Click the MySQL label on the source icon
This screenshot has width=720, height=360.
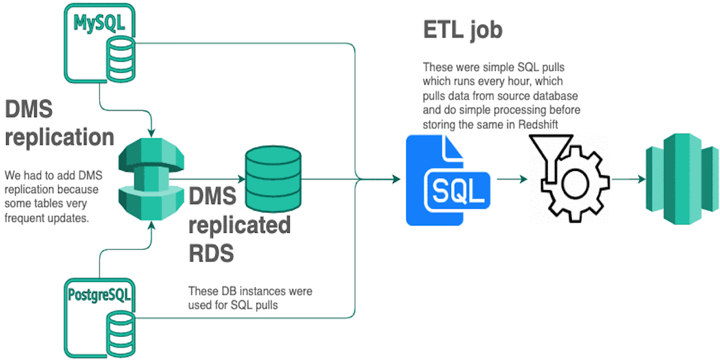(x=100, y=23)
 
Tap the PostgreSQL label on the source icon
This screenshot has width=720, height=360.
(x=100, y=295)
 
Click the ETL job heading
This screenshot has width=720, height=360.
(x=462, y=30)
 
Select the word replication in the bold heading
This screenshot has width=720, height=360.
(x=60, y=137)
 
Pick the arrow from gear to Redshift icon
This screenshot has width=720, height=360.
(x=626, y=179)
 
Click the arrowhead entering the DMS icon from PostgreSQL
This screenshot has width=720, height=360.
(x=152, y=226)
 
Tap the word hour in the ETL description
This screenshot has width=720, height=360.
(x=534, y=80)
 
